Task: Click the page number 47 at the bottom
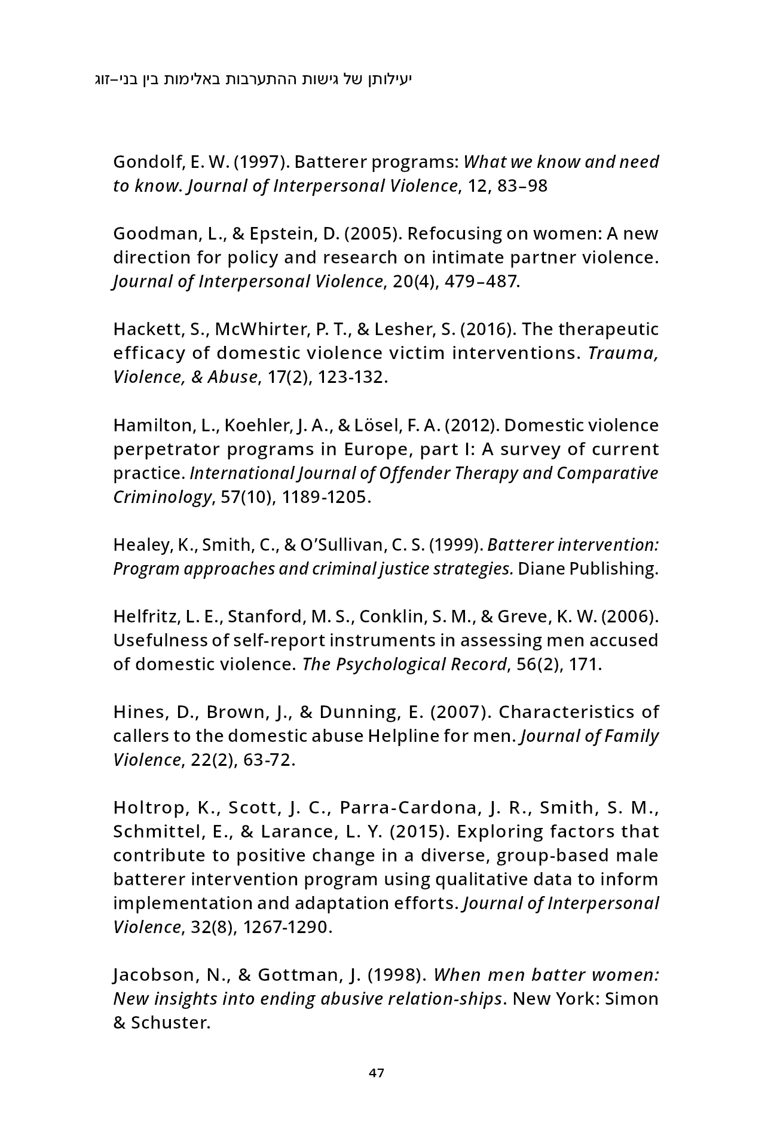(x=377, y=1073)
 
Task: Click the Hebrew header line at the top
(x=254, y=79)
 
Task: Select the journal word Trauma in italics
(x=623, y=353)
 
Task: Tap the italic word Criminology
(x=163, y=497)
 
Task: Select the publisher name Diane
(x=541, y=569)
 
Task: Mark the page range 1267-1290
(x=287, y=927)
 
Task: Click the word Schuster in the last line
(x=170, y=1023)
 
